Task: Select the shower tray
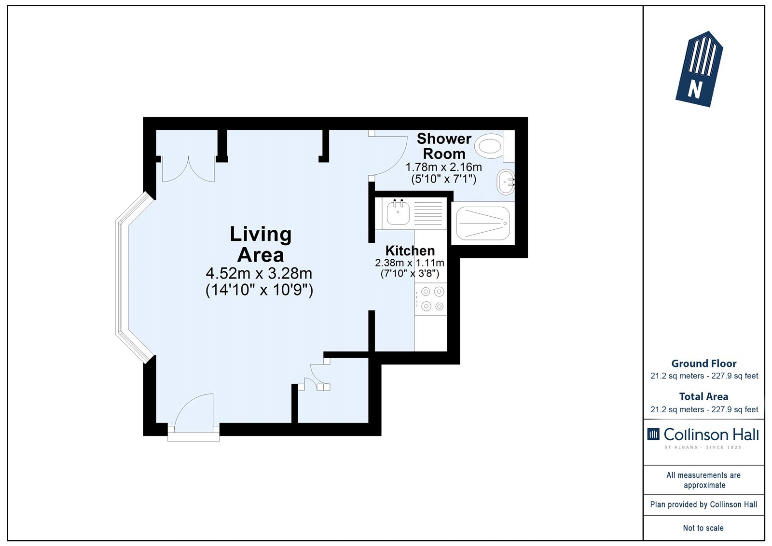click(483, 224)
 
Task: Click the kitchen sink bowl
click(398, 213)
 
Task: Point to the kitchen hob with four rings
click(431, 299)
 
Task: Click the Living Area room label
click(261, 244)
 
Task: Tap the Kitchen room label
click(410, 251)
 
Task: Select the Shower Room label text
click(444, 146)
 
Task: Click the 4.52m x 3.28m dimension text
click(259, 274)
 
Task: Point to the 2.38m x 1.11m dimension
click(410, 263)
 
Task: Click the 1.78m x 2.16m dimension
click(443, 168)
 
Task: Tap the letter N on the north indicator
click(694, 90)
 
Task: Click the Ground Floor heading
click(704, 364)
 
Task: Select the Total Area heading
click(704, 397)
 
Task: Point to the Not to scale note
click(703, 528)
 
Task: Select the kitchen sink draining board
click(427, 214)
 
